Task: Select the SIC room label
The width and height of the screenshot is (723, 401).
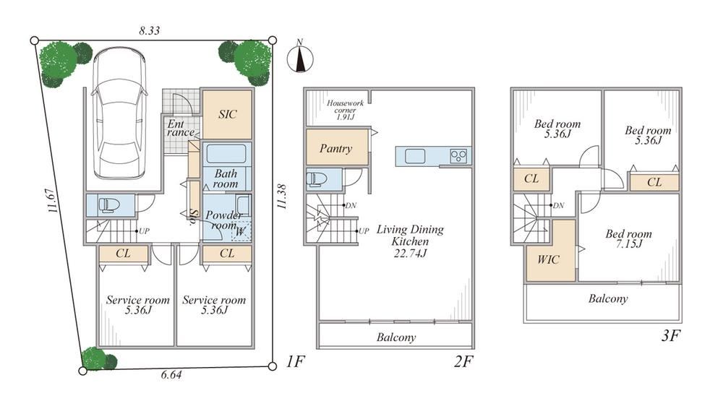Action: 227,114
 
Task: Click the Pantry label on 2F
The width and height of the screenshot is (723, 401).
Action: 335,148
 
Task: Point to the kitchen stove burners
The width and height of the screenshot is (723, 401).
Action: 458,156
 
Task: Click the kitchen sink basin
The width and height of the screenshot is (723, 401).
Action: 415,156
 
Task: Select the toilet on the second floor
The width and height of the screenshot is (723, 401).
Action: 317,179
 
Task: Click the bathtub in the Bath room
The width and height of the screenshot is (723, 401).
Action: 226,154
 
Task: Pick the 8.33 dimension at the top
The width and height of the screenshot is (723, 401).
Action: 150,30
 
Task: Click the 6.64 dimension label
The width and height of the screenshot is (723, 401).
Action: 171,375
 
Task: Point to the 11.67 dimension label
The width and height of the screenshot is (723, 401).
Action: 53,201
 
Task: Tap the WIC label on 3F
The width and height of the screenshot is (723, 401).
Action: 548,259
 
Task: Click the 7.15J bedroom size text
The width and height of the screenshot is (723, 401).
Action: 629,243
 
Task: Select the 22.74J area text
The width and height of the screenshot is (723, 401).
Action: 410,253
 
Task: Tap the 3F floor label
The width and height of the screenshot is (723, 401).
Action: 671,335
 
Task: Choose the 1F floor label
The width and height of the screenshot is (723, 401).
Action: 295,361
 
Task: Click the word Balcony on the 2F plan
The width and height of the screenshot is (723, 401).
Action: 396,337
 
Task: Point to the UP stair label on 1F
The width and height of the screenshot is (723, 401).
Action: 144,231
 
